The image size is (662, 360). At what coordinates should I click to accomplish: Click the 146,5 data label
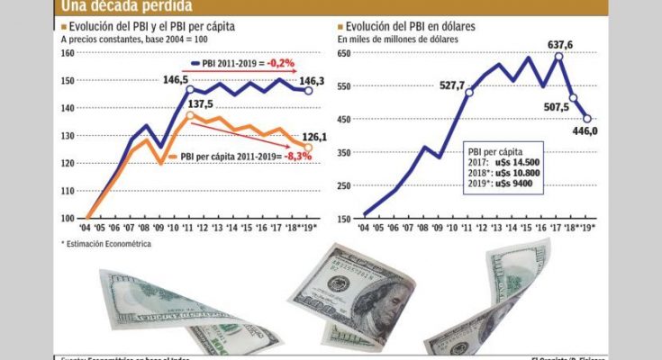point(176,78)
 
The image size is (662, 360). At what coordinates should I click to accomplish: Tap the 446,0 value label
point(586,130)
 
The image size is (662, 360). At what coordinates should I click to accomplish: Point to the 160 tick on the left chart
point(68,53)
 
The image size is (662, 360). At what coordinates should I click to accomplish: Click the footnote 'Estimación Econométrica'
point(110,243)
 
